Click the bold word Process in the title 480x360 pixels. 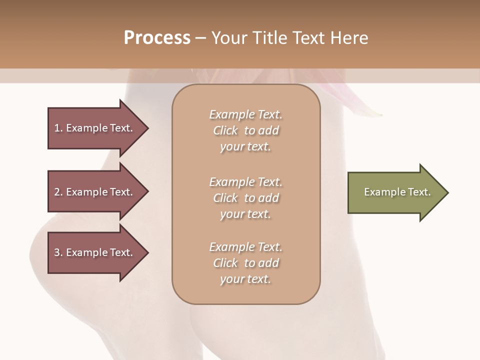point(157,38)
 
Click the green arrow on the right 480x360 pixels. point(395,192)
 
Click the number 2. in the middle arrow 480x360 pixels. point(58,192)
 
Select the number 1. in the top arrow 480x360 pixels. point(58,128)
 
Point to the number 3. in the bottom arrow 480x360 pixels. point(58,252)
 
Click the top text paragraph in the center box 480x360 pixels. point(245,130)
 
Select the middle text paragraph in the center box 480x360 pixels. point(245,198)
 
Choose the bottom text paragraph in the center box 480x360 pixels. point(245,263)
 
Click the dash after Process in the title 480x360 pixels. point(200,38)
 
